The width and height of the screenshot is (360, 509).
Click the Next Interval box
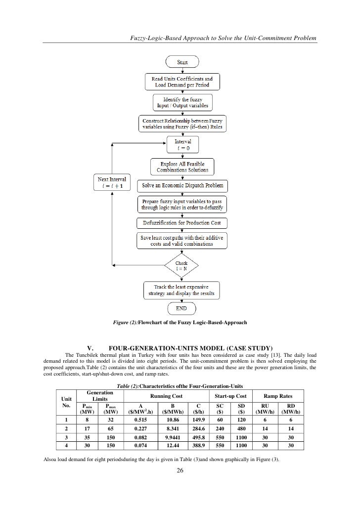point(112,183)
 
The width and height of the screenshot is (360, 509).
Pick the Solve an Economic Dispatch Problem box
point(183,186)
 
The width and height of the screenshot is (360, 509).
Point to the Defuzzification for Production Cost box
point(182,224)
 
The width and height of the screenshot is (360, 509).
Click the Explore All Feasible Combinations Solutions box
point(182,167)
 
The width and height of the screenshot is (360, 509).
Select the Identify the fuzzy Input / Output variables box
point(182,102)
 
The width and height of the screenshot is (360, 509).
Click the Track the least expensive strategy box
point(182,290)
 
